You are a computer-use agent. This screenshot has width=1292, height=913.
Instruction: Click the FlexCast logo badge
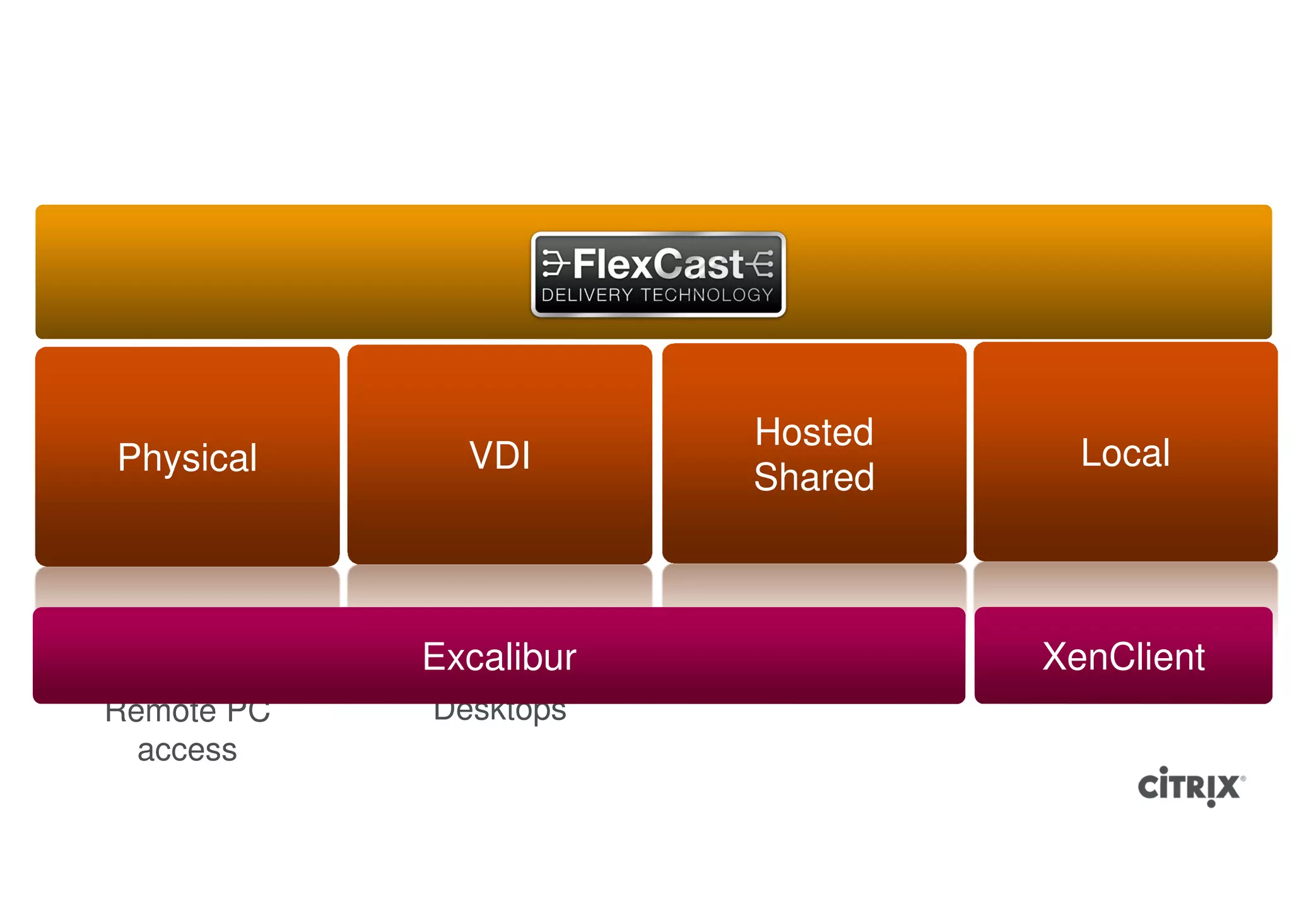[658, 274]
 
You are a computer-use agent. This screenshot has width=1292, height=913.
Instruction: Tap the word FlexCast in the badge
[658, 264]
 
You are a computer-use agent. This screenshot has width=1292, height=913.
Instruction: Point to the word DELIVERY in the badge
[587, 295]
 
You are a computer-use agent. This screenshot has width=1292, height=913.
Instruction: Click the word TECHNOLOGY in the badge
[707, 295]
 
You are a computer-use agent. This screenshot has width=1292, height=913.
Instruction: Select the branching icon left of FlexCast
[555, 264]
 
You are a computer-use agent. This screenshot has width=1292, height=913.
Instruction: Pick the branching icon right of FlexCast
[760, 264]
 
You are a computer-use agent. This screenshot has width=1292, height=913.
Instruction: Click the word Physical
[187, 458]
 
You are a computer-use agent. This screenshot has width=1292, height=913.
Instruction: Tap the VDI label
[500, 456]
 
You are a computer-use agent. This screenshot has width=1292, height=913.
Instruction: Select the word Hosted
[814, 433]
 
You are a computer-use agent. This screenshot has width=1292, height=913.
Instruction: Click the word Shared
[814, 477]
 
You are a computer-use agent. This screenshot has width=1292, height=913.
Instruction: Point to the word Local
[1125, 453]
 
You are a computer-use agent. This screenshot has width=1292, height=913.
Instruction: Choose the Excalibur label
[499, 657]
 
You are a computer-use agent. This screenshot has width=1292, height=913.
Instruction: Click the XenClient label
[1123, 657]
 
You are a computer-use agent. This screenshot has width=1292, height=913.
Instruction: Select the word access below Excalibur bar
[187, 751]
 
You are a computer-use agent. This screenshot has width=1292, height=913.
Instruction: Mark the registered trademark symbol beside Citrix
[1243, 779]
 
